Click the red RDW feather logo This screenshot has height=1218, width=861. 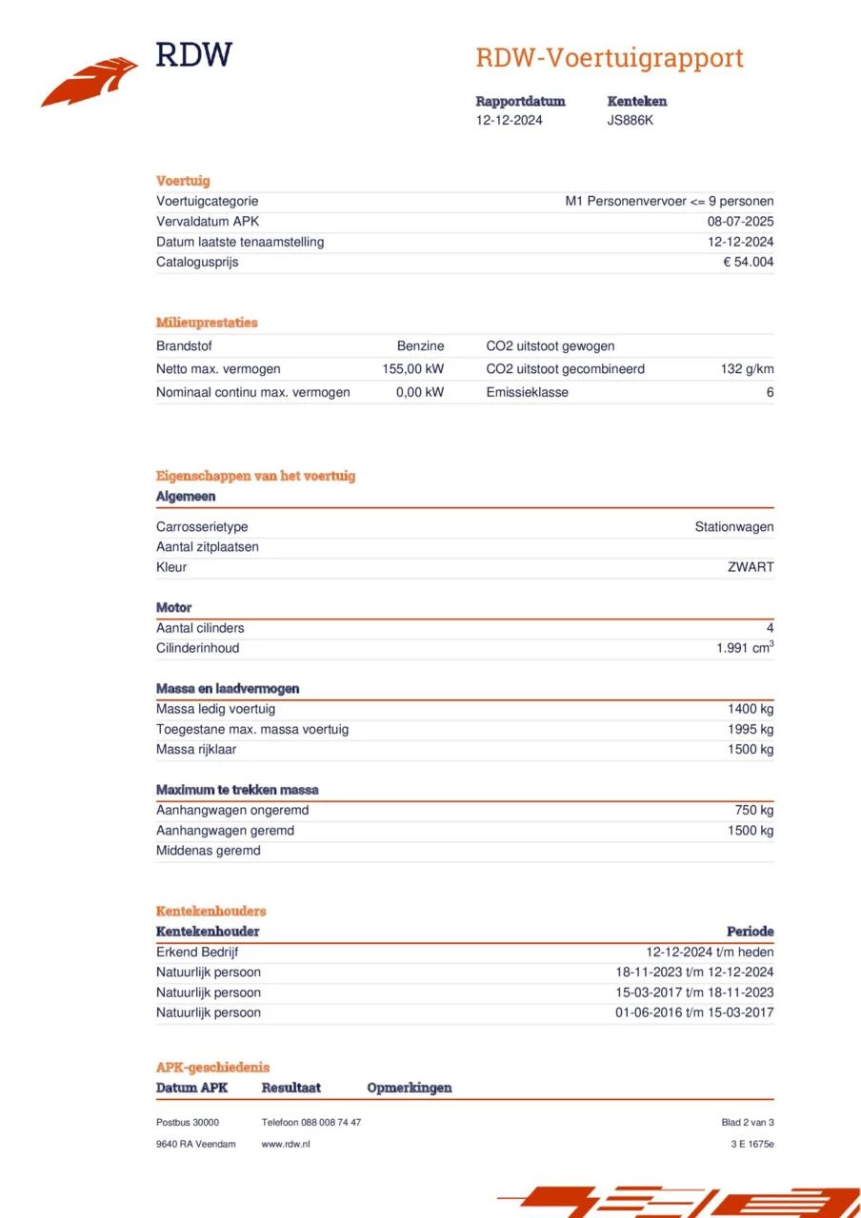90,82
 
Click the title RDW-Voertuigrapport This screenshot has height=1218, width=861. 610,58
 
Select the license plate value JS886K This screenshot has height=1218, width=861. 631,121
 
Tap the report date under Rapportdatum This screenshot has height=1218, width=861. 510,121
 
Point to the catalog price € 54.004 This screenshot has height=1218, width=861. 748,263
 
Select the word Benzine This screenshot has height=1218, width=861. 420,346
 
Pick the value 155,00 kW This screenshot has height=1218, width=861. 413,369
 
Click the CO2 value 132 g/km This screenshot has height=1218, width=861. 747,369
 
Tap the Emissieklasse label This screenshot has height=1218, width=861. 527,392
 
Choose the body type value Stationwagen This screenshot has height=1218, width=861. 733,527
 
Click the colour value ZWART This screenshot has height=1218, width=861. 751,567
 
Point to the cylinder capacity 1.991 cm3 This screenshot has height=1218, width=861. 745,648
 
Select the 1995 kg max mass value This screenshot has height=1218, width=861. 751,730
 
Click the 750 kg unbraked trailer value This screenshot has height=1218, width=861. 753,811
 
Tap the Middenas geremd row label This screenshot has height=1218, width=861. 208,851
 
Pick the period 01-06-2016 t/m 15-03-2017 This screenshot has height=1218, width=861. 694,1012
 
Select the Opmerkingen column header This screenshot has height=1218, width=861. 409,1088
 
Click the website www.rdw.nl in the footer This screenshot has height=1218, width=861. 285,1144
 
